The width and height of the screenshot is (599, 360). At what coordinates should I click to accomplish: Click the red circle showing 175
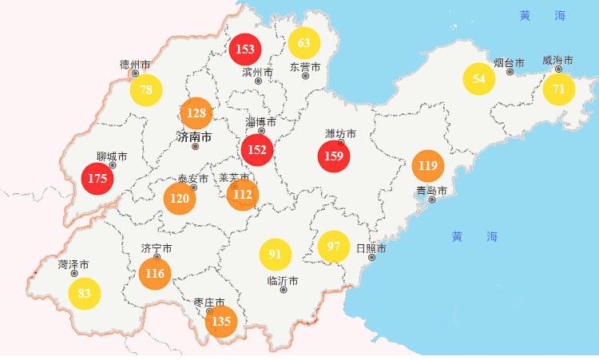(x=97, y=178)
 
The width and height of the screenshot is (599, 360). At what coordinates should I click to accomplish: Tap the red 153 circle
(x=245, y=49)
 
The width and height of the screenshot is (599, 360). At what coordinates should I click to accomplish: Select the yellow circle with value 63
(x=304, y=42)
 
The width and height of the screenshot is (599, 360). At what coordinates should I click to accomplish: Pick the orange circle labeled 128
(x=196, y=113)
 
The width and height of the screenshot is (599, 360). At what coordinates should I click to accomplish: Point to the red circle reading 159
(x=334, y=156)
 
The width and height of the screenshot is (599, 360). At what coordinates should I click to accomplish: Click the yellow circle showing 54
(x=479, y=78)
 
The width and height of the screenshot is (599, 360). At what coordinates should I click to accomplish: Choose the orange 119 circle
(x=427, y=166)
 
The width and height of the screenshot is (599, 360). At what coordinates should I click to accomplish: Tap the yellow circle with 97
(x=334, y=246)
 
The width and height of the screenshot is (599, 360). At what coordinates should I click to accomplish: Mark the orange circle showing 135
(x=221, y=322)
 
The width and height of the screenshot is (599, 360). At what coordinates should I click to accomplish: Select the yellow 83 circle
(x=85, y=293)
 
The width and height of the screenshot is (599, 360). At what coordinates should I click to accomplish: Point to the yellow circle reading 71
(x=559, y=89)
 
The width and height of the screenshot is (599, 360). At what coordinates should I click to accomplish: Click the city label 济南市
(x=194, y=137)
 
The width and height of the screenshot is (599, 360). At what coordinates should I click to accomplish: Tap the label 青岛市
(x=431, y=190)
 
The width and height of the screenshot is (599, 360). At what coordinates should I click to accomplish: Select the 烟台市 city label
(x=509, y=62)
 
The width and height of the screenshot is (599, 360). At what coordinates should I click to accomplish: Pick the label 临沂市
(x=283, y=281)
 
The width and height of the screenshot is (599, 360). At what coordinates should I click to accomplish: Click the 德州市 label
(x=135, y=64)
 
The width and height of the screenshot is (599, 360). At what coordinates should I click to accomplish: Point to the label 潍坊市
(x=340, y=133)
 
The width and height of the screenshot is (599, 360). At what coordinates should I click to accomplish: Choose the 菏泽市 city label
(x=73, y=264)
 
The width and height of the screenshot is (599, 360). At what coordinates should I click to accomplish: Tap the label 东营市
(x=305, y=67)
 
